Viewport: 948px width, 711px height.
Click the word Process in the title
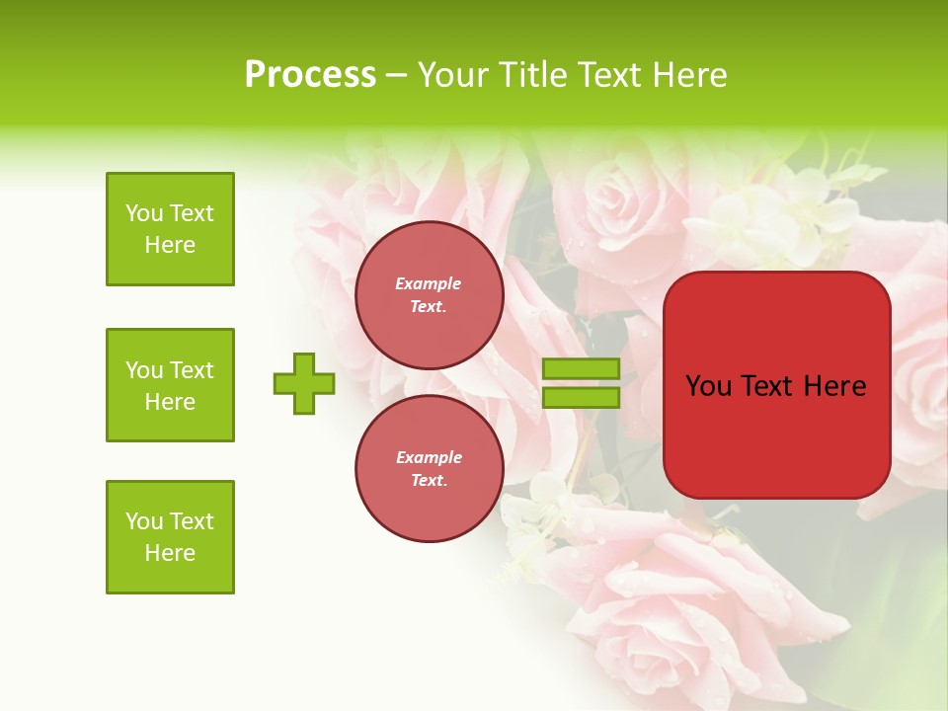click(310, 75)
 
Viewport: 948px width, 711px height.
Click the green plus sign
click(304, 383)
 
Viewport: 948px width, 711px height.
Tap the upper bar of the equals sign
click(581, 368)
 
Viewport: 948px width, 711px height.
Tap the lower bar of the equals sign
click(581, 398)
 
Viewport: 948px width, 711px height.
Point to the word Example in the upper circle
click(429, 283)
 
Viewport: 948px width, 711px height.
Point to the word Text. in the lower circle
click(429, 480)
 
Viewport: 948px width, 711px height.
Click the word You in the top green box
click(143, 213)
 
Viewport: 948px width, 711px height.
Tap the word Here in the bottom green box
click(170, 553)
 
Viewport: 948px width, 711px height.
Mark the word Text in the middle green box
click(191, 370)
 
